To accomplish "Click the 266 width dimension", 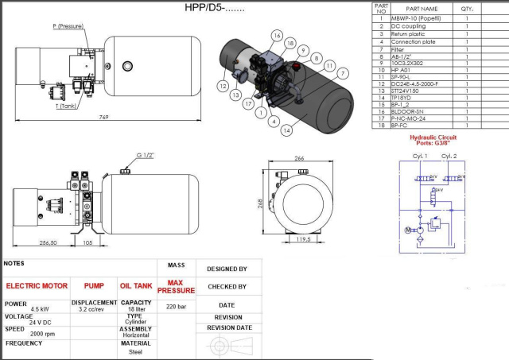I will pos(299,158).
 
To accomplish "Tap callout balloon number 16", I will pos(277,36).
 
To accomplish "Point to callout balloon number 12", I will pos(224,85).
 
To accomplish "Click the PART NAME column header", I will pos(422,8).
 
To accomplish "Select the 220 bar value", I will pos(176,305).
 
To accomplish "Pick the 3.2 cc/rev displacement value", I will pos(94,310).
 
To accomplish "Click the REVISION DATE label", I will pos(229,327).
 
